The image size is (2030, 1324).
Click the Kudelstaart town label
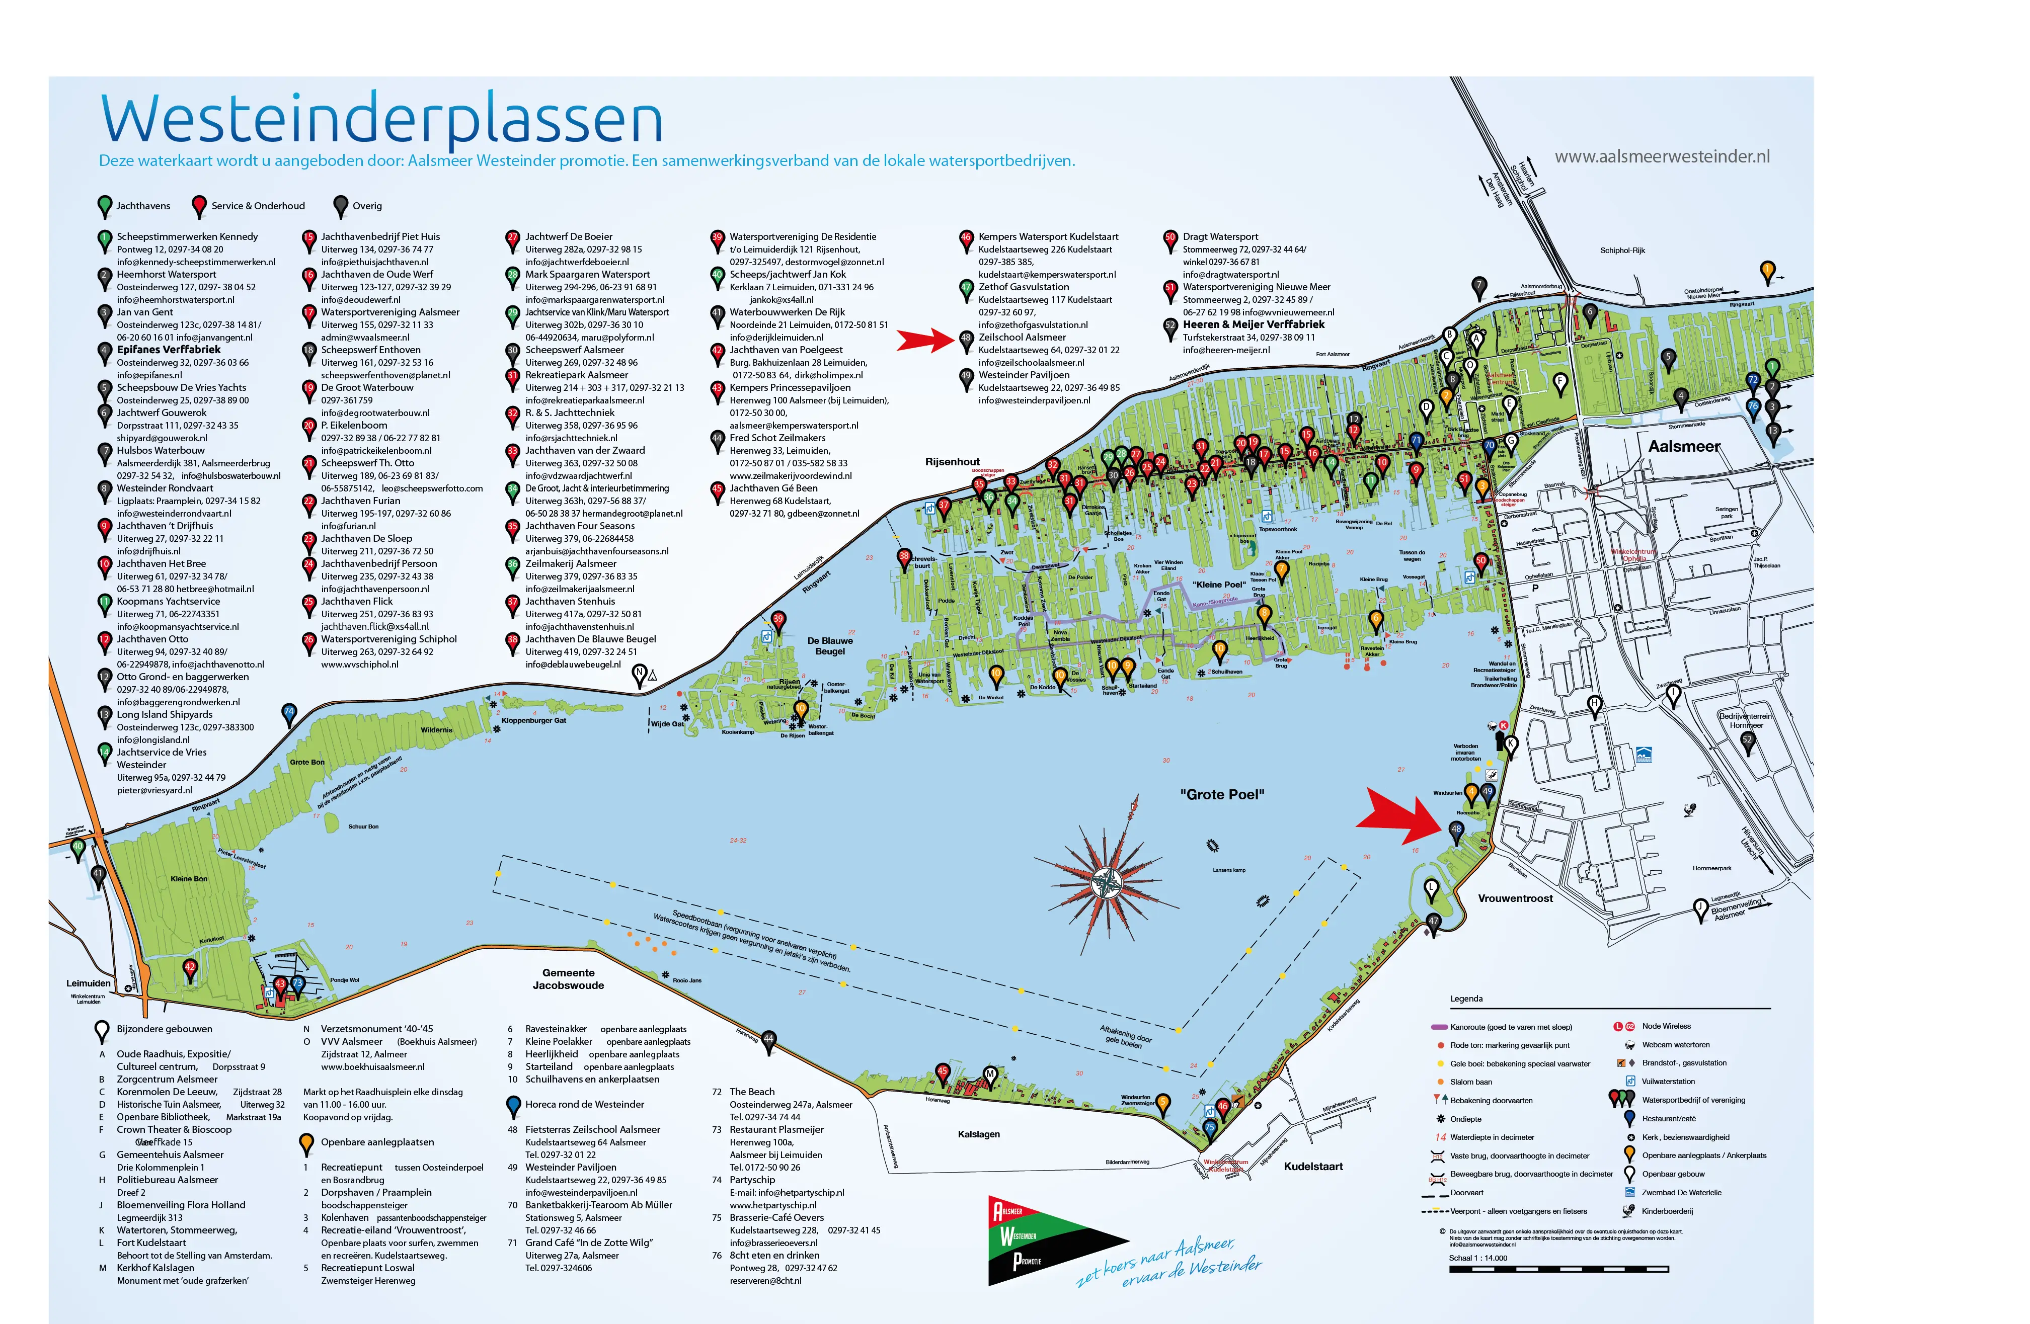[x=1313, y=1166]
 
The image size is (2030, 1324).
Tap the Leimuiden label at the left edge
[x=89, y=983]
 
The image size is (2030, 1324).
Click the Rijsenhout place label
[x=953, y=462]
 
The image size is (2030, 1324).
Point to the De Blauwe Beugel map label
[x=830, y=645]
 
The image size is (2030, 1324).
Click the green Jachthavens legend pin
[x=104, y=205]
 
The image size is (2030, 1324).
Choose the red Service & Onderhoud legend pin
[x=199, y=205]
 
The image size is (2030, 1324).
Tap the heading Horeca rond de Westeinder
[x=584, y=1104]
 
